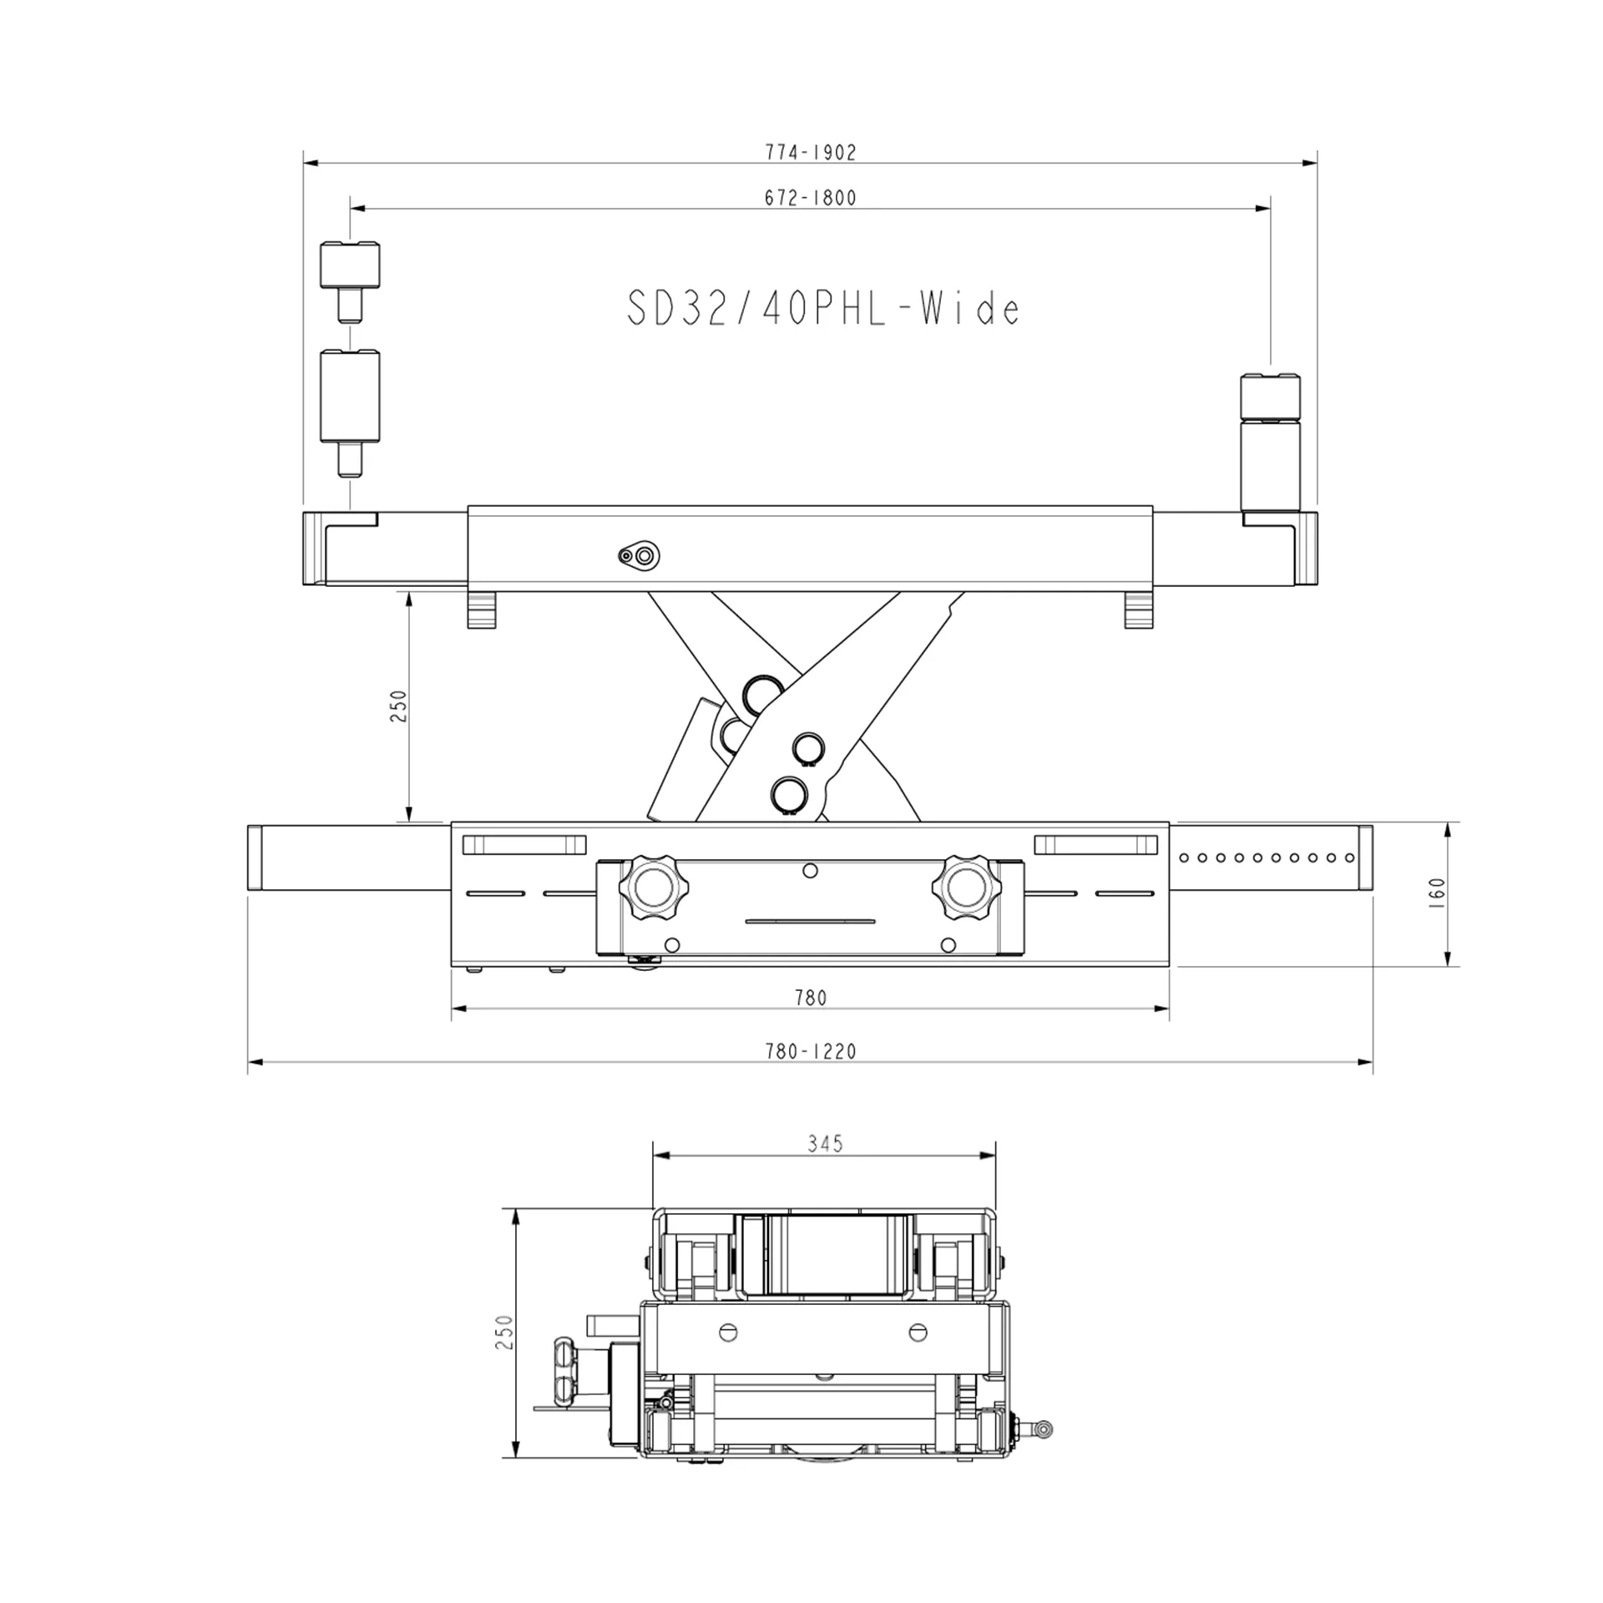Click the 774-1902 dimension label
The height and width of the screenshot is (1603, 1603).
811,152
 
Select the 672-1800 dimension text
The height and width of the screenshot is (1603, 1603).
811,198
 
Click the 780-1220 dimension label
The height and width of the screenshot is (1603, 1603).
811,1051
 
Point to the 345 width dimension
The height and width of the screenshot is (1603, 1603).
825,1143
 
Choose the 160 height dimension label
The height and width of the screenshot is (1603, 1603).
1437,894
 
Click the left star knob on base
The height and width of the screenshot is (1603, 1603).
649,886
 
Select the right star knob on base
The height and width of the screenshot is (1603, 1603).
963,886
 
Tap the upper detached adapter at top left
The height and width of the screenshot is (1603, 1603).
350,265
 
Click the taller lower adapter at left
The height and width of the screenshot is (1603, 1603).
350,397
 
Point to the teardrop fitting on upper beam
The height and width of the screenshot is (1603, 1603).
640,554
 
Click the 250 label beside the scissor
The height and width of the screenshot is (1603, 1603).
398,705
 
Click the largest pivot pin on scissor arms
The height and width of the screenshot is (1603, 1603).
761,695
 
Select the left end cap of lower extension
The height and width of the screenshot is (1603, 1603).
255,858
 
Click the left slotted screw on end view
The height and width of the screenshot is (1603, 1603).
728,1332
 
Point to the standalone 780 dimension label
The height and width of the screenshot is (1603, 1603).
810,998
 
